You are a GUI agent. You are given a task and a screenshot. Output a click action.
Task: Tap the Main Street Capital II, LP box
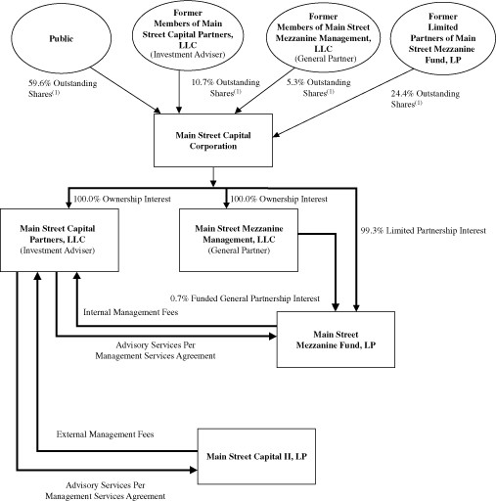(x=258, y=456)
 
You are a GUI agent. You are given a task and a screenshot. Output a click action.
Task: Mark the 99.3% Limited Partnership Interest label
(x=422, y=231)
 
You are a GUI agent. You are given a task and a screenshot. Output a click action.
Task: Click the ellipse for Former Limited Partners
(x=439, y=41)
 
